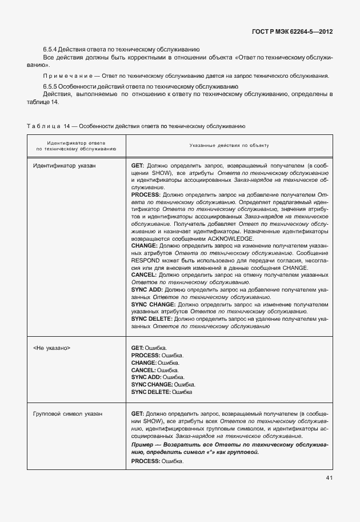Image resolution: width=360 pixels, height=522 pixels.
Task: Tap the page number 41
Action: (330, 479)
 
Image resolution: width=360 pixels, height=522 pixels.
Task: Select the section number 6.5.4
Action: (50, 50)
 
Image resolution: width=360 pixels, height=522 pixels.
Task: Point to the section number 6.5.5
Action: (50, 86)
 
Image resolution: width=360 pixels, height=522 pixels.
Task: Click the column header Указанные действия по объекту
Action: (229, 146)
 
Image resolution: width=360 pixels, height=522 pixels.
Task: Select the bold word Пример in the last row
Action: (142, 444)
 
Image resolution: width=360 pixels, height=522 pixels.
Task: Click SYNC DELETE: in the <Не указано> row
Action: (151, 392)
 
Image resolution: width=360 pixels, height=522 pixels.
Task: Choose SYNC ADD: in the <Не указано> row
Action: (146, 377)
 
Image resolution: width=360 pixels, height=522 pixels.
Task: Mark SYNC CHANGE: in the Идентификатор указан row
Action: (154, 305)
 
